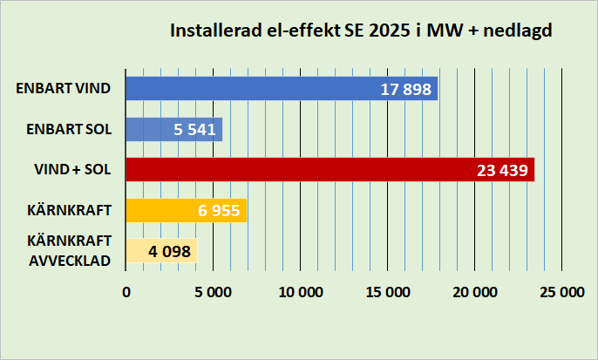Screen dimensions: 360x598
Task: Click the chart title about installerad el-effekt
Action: click(362, 31)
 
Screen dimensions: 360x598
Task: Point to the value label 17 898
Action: click(406, 89)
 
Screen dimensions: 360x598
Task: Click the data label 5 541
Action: click(194, 130)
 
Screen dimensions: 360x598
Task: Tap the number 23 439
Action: click(503, 170)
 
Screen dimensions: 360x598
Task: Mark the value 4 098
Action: click(169, 251)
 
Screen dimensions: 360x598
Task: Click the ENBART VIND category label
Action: click(64, 88)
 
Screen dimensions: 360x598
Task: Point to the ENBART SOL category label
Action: click(68, 129)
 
